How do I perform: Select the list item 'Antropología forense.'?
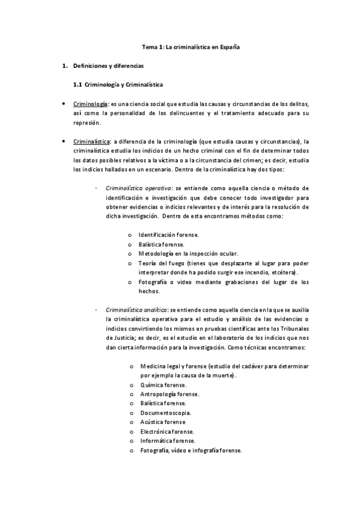169,395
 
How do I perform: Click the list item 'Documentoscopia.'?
166,413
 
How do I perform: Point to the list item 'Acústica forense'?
164,422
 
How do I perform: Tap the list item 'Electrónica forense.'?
167,432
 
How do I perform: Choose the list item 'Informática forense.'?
168,441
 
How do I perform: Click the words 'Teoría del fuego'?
161,263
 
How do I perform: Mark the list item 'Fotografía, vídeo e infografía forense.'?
191,450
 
